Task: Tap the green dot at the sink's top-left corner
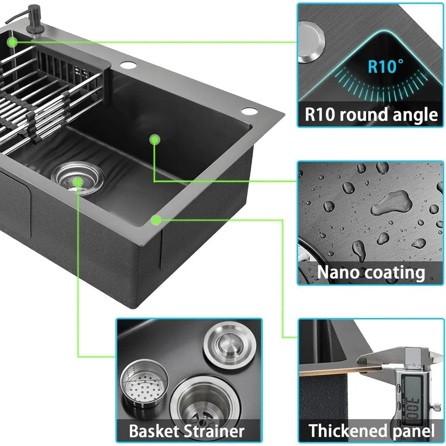coord(12,42)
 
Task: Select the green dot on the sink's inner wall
coord(154,140)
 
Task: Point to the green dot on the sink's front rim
coord(156,220)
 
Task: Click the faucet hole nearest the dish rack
coord(128,65)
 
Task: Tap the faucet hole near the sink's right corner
coord(249,111)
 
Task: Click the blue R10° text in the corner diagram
coord(385,66)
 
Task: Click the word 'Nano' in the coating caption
coord(334,272)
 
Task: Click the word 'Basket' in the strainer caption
coord(154,431)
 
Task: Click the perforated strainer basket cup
coord(144,383)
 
